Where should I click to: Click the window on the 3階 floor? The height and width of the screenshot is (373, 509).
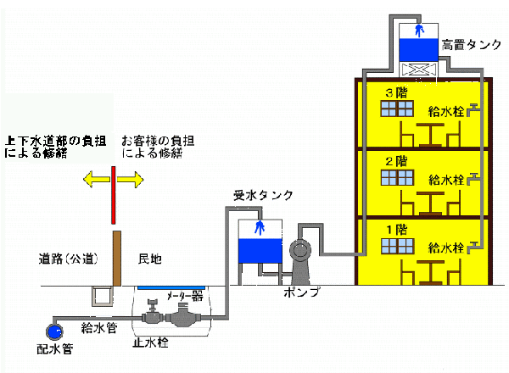396,109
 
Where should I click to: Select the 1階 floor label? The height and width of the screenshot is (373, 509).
395,229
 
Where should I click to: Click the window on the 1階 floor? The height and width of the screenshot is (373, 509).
396,246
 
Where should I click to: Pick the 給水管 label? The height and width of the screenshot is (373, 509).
98,326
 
